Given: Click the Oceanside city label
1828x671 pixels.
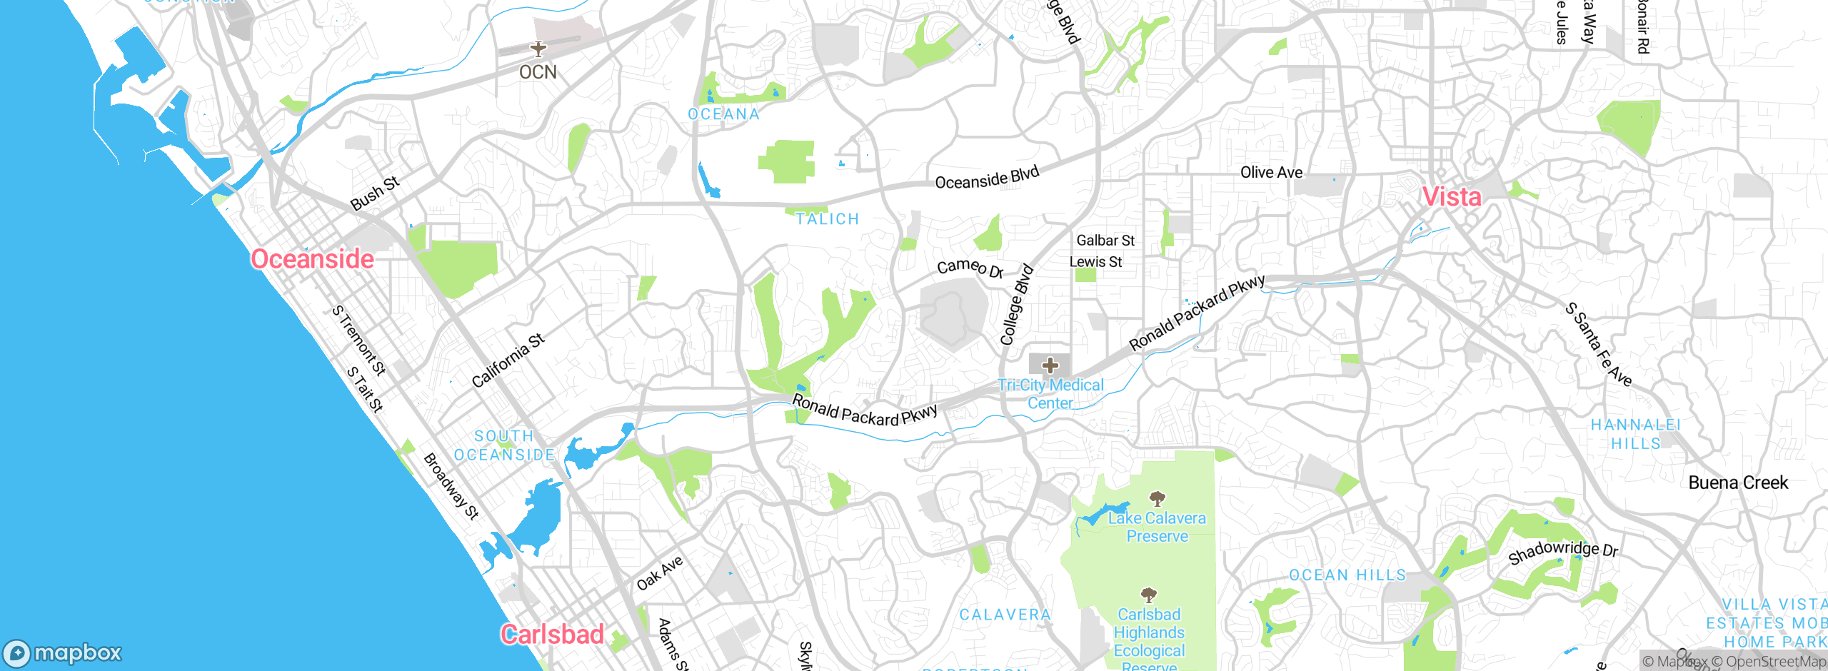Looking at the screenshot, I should click(x=312, y=258).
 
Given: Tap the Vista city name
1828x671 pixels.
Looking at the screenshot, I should click(x=1452, y=196).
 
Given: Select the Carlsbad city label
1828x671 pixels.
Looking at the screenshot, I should click(x=552, y=634).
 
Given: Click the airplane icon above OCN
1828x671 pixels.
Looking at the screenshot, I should click(x=538, y=49).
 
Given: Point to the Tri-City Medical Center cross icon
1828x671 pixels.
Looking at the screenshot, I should click(x=1050, y=365).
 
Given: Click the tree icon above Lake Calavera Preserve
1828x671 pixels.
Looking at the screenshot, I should click(x=1157, y=498).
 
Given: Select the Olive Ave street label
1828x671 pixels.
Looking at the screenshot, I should click(x=1271, y=172).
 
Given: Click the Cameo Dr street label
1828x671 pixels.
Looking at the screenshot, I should click(x=970, y=268).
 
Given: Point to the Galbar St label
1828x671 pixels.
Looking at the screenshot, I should click(x=1105, y=241).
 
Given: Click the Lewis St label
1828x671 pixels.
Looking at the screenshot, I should click(x=1095, y=262).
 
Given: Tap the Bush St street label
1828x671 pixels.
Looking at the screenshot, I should click(x=374, y=193).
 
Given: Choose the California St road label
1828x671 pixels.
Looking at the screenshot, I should click(x=508, y=360).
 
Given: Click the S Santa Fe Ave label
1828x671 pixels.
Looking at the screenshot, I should click(x=1598, y=345).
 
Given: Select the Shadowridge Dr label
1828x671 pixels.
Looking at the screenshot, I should click(x=1562, y=552).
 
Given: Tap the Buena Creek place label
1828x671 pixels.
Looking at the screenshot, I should click(x=1738, y=483).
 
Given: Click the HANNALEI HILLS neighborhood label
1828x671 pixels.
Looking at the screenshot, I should click(x=1635, y=434).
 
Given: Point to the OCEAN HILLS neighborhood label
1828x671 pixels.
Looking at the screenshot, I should click(x=1347, y=575).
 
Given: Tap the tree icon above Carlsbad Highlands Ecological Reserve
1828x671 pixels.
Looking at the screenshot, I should click(x=1148, y=595).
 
